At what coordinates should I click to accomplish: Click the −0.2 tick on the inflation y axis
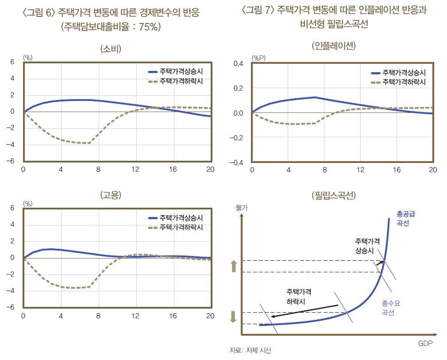[x=236, y=138]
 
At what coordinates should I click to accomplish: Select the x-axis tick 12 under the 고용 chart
[x=135, y=316]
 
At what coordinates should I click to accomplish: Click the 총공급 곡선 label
[x=403, y=218]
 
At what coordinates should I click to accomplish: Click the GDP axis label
[x=425, y=343]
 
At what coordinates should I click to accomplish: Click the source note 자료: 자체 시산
[x=250, y=350]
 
